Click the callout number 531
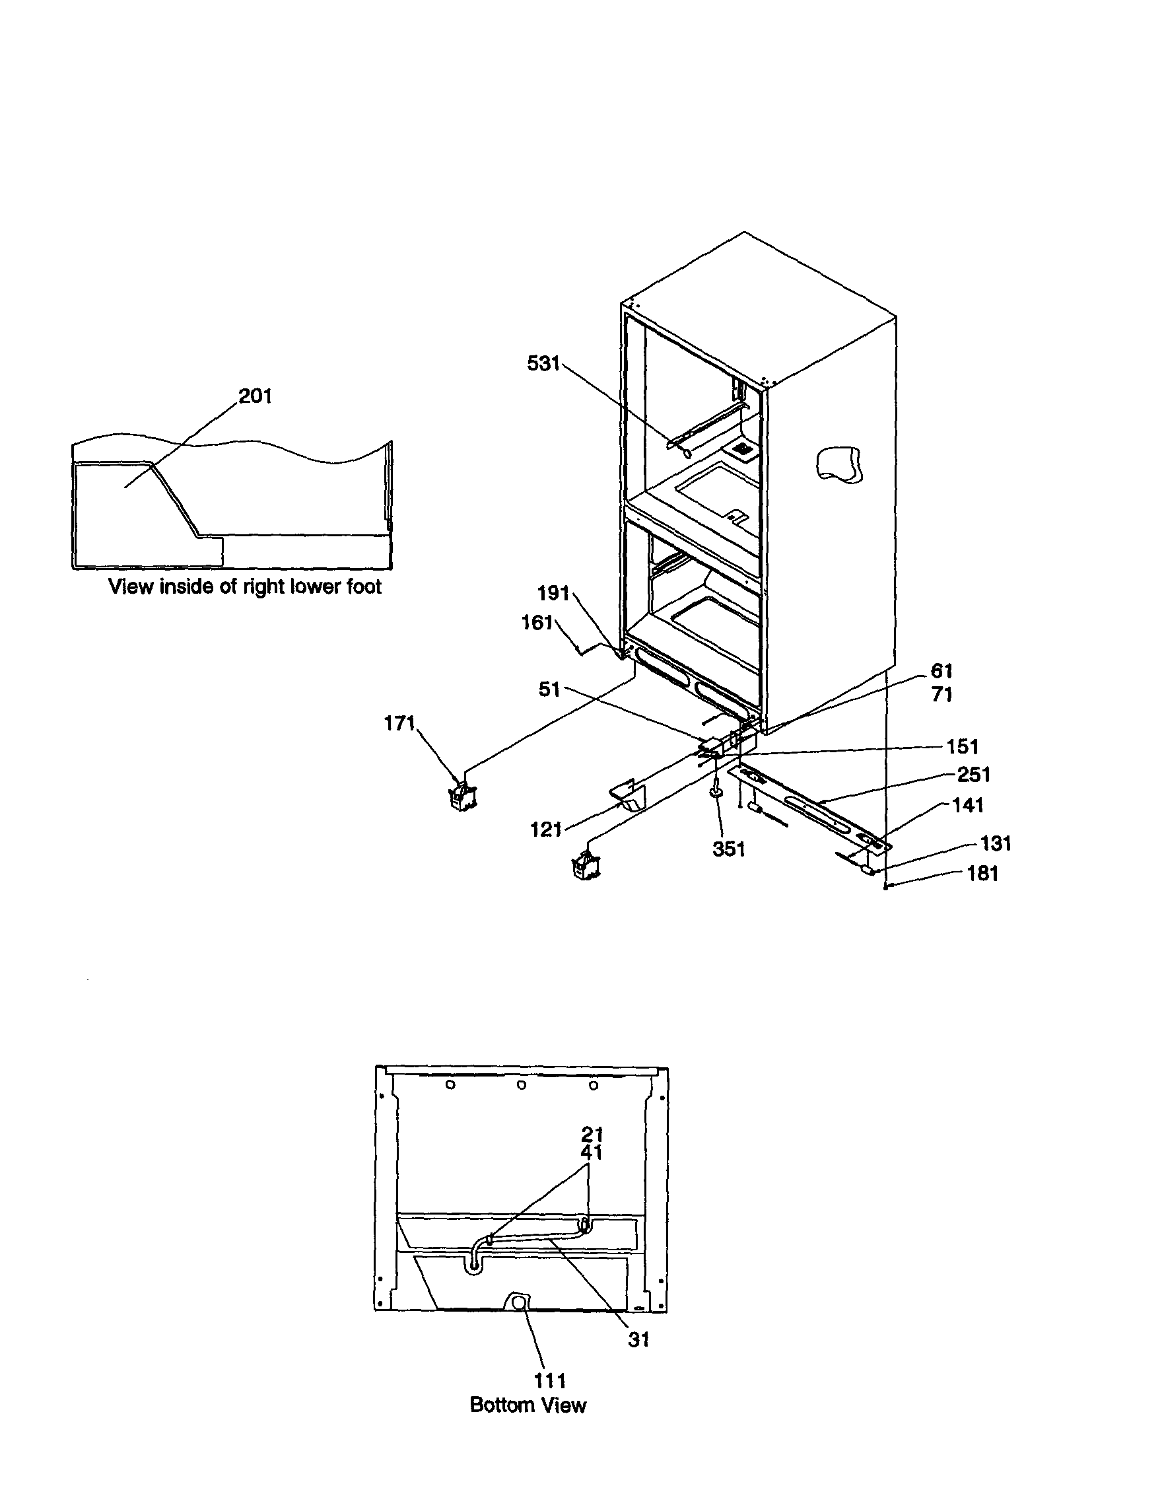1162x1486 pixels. coord(543,364)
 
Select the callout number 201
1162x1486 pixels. coord(255,396)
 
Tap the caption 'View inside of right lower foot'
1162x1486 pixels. coord(245,586)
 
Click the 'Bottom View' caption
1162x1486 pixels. coord(528,1405)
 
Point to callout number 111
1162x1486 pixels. coord(550,1380)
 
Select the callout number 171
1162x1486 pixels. coord(399,723)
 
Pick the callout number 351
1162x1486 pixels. coord(729,849)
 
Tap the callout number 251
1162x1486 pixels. coord(974,774)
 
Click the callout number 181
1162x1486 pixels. coord(982,874)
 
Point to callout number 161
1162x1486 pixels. coord(537,623)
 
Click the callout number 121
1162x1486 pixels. coord(545,830)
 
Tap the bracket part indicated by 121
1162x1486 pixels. coord(627,795)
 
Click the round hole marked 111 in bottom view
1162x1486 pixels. coord(518,1302)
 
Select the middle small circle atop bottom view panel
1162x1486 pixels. coord(521,1084)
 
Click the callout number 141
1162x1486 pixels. coord(967,806)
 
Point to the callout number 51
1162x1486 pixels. coord(549,690)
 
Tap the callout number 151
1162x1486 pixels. coord(962,746)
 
